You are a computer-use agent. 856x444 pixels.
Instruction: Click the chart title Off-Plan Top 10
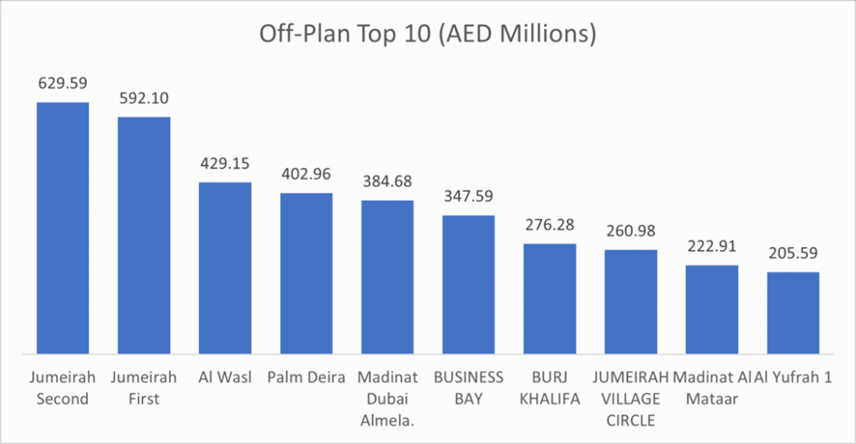427,35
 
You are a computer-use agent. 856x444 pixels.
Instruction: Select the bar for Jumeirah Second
63,227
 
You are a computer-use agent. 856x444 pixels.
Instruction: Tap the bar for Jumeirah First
144,235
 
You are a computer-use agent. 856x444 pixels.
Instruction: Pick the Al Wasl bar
225,267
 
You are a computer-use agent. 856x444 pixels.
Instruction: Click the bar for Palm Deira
306,272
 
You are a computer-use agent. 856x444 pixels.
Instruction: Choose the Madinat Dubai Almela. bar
387,276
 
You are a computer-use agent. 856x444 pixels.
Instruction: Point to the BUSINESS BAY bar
468,284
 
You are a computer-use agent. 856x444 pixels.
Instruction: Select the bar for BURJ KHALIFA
550,298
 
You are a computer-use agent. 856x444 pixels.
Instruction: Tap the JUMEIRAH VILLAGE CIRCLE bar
631,300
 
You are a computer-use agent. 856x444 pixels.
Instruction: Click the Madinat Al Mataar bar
712,309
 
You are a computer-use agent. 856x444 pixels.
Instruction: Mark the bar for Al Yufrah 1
793,312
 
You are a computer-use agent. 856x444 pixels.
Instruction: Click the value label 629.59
63,83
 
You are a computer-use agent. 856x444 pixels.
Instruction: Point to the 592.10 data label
144,98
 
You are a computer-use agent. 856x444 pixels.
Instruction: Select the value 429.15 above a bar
225,163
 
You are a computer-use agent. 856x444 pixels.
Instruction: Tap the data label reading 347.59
468,197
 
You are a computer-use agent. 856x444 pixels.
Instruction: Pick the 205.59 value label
793,253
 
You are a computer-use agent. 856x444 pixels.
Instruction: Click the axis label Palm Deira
306,378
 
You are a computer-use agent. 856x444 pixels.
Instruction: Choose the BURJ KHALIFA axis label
550,388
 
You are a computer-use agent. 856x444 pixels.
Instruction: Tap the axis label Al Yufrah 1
793,378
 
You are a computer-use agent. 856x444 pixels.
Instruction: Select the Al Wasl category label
225,378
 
